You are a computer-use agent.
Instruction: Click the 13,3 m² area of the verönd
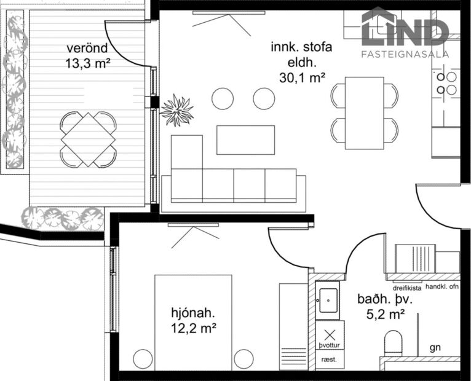[87, 62]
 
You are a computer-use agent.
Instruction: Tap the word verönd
[87, 48]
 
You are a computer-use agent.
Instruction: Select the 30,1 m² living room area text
[301, 77]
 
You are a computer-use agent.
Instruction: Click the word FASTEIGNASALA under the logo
[405, 54]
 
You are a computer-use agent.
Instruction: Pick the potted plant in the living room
[177, 111]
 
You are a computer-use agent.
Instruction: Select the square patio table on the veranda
[88, 139]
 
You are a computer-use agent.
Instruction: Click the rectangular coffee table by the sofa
[245, 139]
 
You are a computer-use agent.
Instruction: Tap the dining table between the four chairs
[364, 113]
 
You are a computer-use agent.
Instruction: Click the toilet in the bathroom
[393, 342]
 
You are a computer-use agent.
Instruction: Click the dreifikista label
[406, 287]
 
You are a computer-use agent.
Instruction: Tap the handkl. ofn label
[442, 287]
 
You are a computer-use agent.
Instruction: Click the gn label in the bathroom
[435, 347]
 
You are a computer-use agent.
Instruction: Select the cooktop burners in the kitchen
[446, 84]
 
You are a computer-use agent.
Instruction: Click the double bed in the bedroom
[193, 323]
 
